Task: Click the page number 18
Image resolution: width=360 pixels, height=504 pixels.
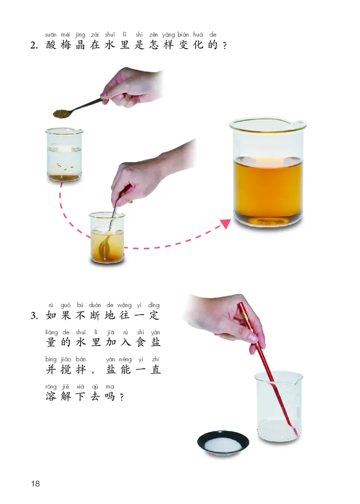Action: tap(36, 484)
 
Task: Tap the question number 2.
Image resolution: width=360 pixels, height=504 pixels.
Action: tap(35, 45)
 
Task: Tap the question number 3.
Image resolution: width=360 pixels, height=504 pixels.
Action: tap(35, 315)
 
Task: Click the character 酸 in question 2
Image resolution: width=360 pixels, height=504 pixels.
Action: tap(52, 45)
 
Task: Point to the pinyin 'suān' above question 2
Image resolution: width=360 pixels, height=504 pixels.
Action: tap(51, 35)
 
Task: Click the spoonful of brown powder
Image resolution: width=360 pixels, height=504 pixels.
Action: tap(61, 113)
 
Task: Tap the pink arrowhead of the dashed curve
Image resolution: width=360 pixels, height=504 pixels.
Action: tap(225, 224)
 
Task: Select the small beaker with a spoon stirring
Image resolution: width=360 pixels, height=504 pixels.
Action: tap(107, 238)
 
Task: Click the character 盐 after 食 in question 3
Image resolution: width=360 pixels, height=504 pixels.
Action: tap(156, 342)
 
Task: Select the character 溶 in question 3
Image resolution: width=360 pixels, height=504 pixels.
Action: tap(52, 396)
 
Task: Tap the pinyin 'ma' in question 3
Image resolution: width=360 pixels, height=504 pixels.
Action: tap(109, 386)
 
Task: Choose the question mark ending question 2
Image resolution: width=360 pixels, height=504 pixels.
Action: tap(224, 46)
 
